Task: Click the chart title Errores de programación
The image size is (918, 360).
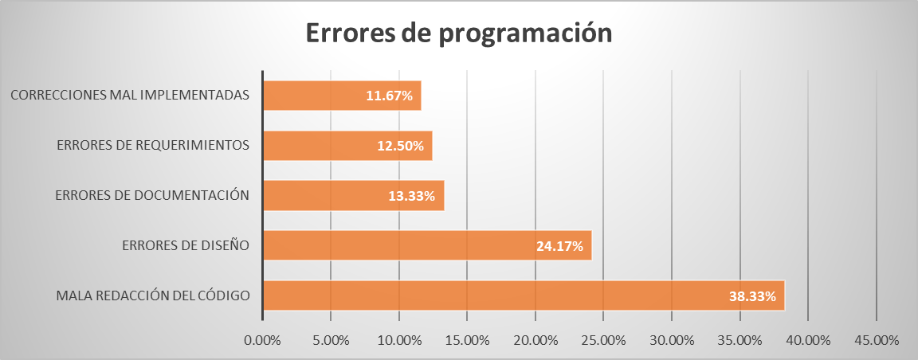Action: point(459,33)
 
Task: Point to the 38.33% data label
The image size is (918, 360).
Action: point(752,296)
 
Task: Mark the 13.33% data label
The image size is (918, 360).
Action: point(411,196)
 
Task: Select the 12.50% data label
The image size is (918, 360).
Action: point(400,147)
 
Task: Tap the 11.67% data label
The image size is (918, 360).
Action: point(389,96)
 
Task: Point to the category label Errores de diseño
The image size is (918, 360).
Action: point(186,245)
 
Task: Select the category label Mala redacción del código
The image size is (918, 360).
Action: point(153,295)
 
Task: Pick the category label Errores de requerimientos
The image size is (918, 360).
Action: point(154,145)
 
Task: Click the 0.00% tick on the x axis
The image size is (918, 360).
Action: point(262,339)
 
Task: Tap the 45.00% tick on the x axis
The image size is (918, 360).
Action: point(877,339)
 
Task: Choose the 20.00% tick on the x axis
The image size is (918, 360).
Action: point(535,339)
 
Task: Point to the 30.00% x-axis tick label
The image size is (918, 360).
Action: point(672,339)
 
